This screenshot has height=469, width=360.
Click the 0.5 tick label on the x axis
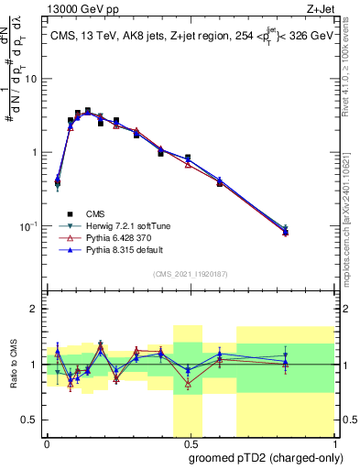click(x=188, y=444)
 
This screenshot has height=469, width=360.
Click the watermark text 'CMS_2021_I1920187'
click(x=189, y=274)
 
